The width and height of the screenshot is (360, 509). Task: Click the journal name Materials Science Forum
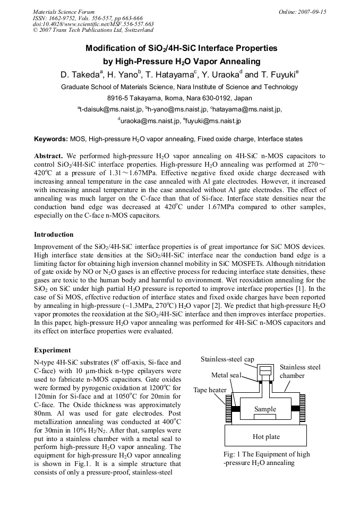tap(64, 11)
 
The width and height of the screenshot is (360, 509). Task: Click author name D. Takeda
tap(80, 75)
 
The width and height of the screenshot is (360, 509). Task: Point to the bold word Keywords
tap(51, 139)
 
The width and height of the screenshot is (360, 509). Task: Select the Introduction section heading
tap(54, 234)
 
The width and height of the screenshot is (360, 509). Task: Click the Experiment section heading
tap(52, 350)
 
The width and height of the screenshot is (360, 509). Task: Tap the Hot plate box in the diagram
tap(265, 436)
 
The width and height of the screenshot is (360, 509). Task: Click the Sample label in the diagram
tap(265, 409)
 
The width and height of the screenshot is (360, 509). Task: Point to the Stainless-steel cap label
tap(227, 359)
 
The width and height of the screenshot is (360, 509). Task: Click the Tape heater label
tap(210, 390)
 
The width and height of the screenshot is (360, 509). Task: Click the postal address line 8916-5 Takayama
tap(179, 98)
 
